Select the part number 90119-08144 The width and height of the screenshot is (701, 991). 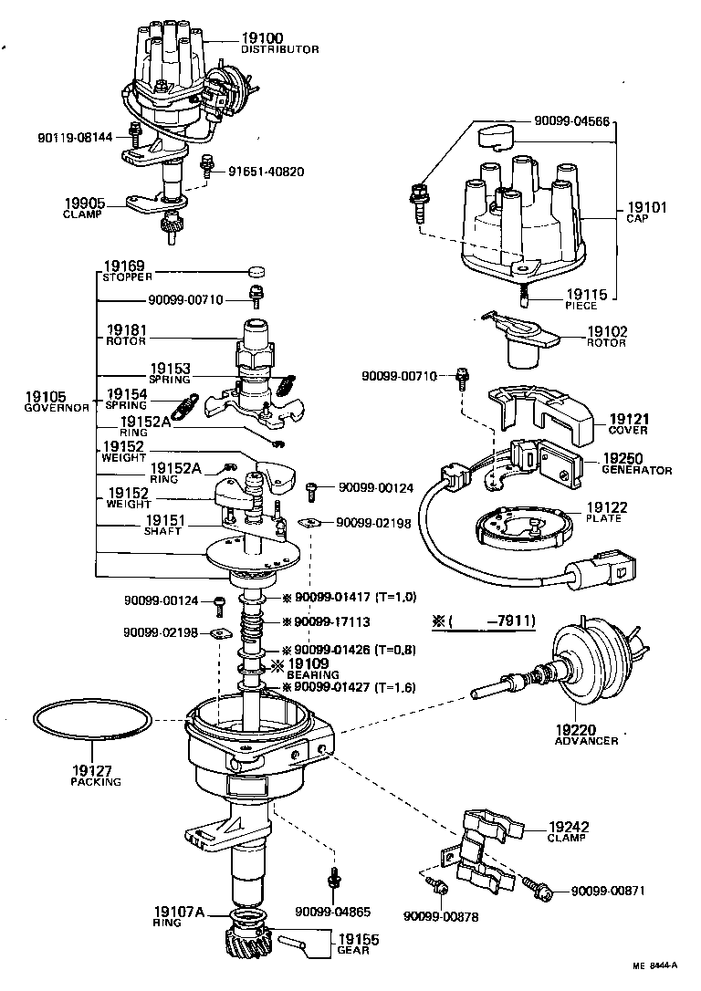(x=75, y=137)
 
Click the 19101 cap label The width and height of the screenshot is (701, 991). (x=647, y=209)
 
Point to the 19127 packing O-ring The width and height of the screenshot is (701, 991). (x=91, y=720)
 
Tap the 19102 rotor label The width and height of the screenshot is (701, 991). (x=606, y=333)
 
